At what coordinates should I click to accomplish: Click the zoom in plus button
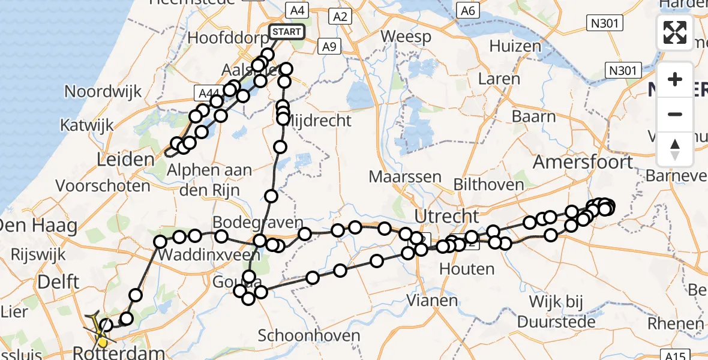pyautogui.click(x=675, y=79)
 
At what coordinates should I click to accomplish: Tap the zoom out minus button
pyautogui.click(x=675, y=114)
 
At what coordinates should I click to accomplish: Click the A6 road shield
pyautogui.click(x=467, y=10)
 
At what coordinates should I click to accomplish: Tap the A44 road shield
pyautogui.click(x=208, y=93)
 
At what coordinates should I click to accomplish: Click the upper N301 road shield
pyautogui.click(x=604, y=23)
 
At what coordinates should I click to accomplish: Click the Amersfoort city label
pyautogui.click(x=583, y=162)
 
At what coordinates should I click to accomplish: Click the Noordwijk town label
pyautogui.click(x=103, y=92)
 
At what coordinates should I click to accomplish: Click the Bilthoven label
pyautogui.click(x=488, y=184)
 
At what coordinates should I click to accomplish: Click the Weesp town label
pyautogui.click(x=406, y=37)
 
